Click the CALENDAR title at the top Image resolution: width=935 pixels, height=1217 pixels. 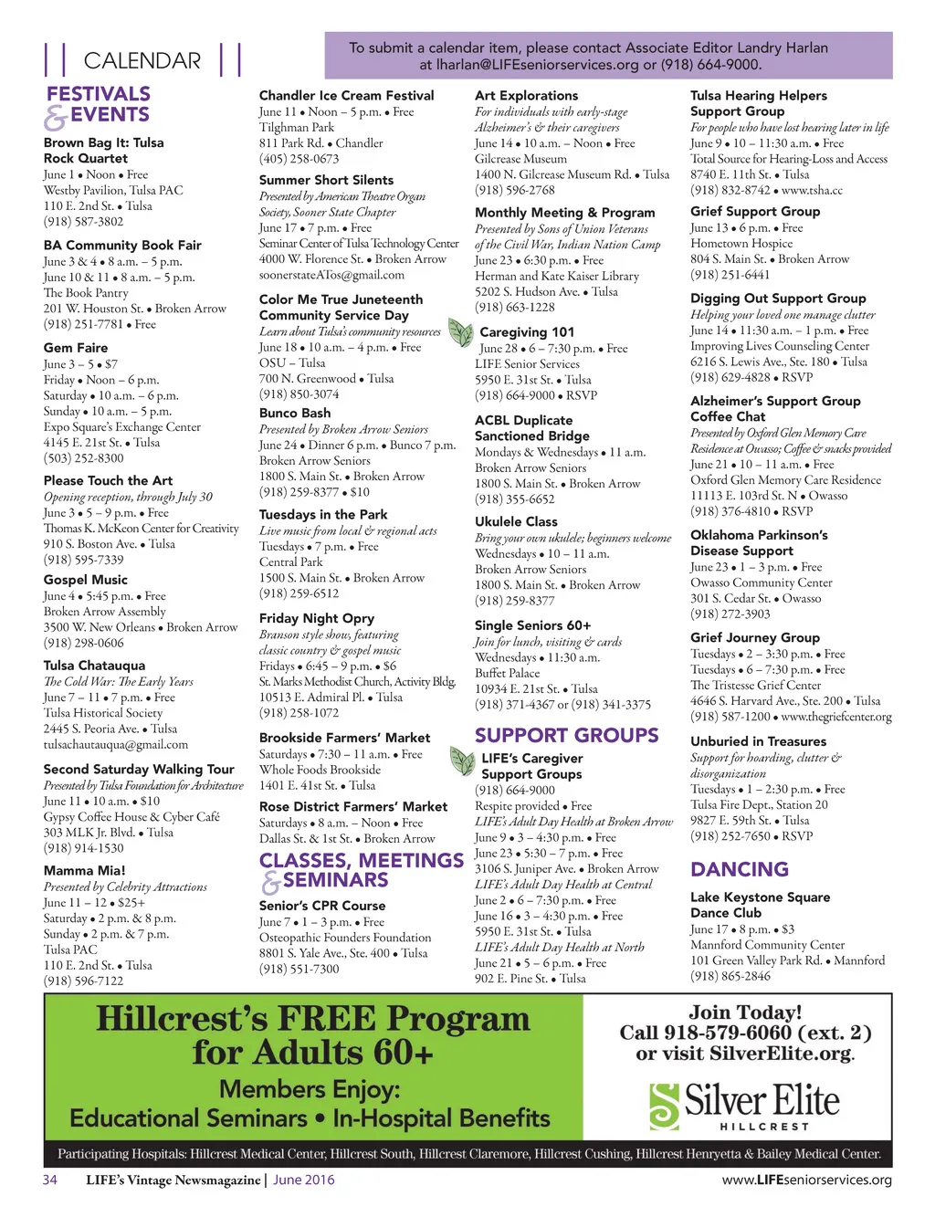coord(142,61)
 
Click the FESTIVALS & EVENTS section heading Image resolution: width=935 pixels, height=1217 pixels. coord(98,105)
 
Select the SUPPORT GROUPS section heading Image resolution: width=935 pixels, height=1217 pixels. coord(566,736)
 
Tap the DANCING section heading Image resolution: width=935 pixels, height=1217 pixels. coord(739,870)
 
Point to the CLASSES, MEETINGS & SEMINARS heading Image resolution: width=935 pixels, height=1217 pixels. coord(361,870)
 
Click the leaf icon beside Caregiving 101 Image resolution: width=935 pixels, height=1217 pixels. coord(460,332)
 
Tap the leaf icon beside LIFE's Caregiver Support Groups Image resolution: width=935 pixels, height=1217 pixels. coord(462,761)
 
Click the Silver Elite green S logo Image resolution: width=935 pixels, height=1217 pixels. coord(664,1107)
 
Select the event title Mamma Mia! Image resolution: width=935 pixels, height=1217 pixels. coord(85,871)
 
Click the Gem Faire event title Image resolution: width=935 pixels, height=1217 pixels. coord(76,348)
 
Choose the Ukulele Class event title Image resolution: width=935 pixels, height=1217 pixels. coord(516,522)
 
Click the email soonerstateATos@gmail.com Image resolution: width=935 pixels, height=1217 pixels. coord(331,275)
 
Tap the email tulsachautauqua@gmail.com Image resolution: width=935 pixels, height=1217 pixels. coord(116,745)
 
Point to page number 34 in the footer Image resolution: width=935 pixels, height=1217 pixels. coord(50,1180)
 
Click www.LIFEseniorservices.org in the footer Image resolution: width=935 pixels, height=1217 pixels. coord(806,1180)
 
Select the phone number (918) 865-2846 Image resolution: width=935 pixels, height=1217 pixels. coord(730,976)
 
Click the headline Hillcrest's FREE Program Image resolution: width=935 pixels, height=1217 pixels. coord(312,1019)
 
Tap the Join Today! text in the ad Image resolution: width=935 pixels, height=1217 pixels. coord(745,1012)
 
